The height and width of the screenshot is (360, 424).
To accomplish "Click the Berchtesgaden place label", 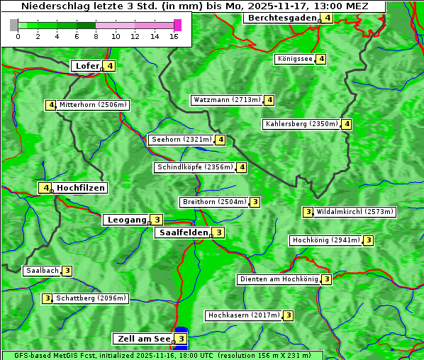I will (281, 18).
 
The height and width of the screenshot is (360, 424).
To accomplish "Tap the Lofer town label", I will (87, 66).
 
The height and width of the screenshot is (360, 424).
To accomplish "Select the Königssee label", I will (295, 59).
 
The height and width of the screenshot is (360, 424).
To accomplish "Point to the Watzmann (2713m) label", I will (227, 100).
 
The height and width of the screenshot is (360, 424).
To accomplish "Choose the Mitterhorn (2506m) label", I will (93, 105).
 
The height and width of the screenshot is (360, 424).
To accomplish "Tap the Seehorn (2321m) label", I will (182, 140).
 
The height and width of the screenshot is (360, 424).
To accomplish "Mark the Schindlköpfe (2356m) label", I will (194, 167).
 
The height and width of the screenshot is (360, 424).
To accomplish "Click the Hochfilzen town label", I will (81, 188).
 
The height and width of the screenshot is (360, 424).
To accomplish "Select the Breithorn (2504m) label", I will (214, 202).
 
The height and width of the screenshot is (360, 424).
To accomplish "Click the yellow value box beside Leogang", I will (157, 220).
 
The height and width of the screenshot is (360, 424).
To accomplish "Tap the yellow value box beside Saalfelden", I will (219, 232).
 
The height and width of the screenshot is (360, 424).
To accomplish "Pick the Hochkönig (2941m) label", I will (326, 240).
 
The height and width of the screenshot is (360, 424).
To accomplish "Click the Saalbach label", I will (42, 271).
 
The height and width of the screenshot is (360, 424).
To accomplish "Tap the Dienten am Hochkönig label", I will (278, 279).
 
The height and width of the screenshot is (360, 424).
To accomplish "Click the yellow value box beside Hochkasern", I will (288, 315).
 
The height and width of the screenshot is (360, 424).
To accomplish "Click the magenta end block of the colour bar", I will (177, 25).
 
